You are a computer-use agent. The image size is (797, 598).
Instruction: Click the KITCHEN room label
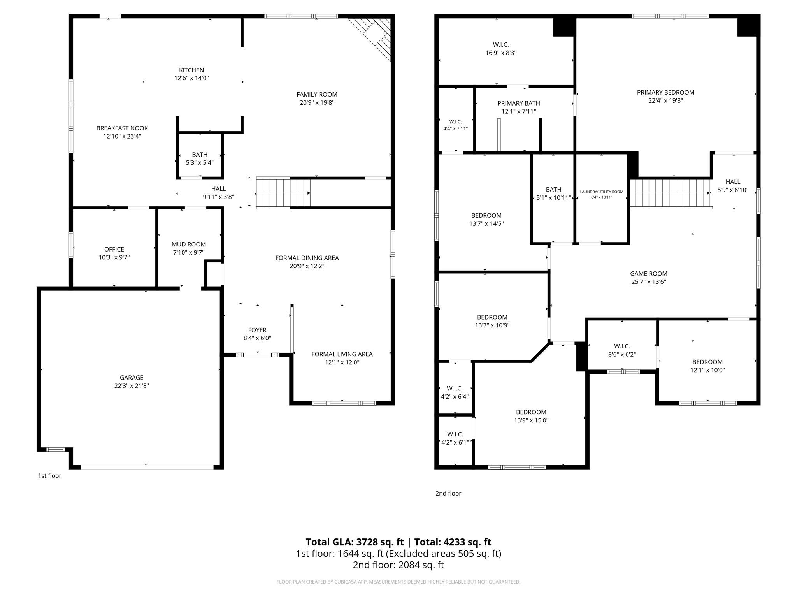(x=191, y=70)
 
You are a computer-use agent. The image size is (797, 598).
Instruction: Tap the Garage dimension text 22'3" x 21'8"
(x=132, y=386)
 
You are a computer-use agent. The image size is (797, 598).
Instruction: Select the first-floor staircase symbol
(x=283, y=193)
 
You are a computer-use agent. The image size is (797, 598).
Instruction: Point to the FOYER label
(x=257, y=330)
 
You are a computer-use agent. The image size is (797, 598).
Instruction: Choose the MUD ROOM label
(x=189, y=244)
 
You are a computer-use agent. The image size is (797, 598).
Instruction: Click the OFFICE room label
(x=114, y=249)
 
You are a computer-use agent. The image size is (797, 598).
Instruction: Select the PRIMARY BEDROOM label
(x=665, y=92)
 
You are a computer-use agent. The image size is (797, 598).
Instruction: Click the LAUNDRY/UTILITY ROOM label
(x=602, y=192)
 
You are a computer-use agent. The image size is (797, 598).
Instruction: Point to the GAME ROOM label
(x=649, y=273)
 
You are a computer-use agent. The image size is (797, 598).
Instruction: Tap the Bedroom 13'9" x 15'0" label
(x=531, y=412)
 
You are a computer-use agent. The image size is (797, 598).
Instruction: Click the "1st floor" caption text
(x=49, y=475)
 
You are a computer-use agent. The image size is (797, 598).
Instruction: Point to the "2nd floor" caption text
(x=448, y=493)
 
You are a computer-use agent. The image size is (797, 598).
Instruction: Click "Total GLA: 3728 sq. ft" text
(x=355, y=542)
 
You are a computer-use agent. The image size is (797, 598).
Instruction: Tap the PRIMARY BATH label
(x=519, y=103)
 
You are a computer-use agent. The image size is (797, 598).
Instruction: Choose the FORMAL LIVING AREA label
(x=342, y=354)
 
